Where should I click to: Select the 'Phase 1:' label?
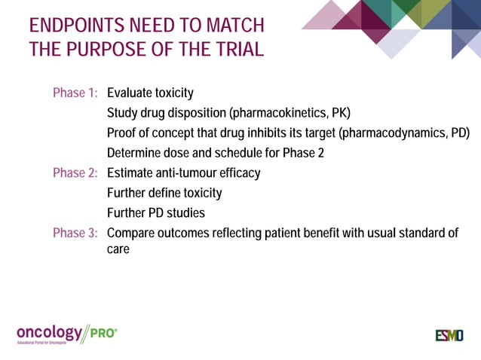75,94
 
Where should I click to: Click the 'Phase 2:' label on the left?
75,173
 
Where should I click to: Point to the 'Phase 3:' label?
75,233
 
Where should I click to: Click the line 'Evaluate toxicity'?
150,94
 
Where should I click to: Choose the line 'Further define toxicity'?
164,194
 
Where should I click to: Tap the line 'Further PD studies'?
155,213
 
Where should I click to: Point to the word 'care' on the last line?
118,249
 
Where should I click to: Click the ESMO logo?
449,335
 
